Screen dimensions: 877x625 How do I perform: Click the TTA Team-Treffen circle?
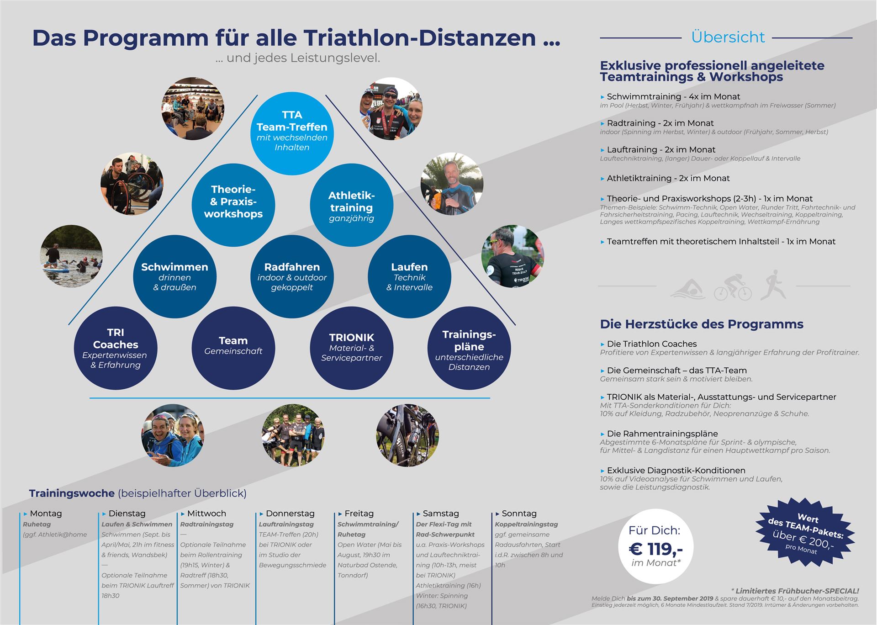(x=292, y=133)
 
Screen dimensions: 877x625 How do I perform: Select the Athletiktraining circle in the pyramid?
(x=351, y=205)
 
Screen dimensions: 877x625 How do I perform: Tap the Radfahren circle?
(x=292, y=276)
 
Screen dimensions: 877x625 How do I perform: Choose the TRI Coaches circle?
(x=116, y=348)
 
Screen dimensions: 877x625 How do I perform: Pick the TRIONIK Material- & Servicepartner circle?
(x=351, y=348)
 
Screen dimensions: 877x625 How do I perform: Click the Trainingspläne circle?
(x=469, y=348)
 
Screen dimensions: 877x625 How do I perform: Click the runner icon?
(x=772, y=285)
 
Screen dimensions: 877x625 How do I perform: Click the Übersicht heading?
(x=728, y=37)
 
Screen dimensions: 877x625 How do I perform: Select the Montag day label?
(x=46, y=514)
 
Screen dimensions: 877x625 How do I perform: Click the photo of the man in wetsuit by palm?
(x=452, y=184)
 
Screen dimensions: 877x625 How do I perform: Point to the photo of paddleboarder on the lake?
(x=72, y=256)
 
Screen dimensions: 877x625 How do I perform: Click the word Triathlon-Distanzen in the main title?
(x=419, y=37)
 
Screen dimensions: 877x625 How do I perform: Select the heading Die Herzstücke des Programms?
(x=702, y=324)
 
